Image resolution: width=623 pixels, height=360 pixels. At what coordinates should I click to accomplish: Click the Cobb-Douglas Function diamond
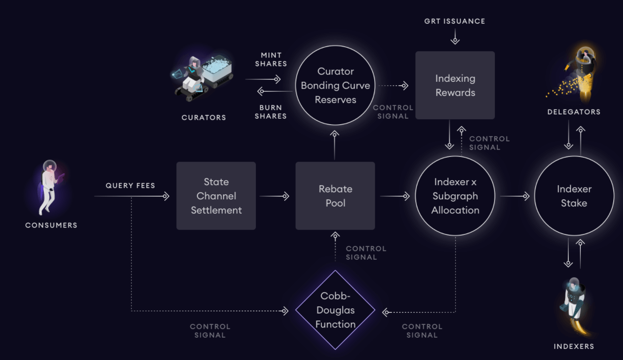335,310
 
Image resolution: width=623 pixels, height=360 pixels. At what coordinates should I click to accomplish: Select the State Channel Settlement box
216,196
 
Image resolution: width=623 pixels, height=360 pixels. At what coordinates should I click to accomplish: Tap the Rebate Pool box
335,196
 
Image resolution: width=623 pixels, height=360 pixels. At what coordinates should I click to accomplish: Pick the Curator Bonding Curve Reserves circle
335,85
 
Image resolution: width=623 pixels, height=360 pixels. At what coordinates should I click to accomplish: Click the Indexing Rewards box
455,85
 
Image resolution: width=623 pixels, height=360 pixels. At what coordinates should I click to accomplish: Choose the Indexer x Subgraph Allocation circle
455,196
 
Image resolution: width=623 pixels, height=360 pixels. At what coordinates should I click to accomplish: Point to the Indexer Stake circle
574,196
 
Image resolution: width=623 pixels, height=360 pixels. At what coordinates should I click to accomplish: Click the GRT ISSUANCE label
455,21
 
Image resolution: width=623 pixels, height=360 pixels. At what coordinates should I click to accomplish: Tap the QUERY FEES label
130,186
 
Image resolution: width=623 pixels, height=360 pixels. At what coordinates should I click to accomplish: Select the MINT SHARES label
271,59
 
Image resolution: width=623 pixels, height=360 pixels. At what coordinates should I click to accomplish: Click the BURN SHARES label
271,112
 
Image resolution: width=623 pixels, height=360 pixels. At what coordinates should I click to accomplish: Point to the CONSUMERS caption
51,226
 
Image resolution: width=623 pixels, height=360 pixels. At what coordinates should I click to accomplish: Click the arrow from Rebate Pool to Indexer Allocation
395,196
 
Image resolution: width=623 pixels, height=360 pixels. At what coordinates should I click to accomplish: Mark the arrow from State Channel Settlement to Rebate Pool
275,196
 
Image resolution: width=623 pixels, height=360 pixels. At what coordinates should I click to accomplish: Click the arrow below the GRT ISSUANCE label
455,37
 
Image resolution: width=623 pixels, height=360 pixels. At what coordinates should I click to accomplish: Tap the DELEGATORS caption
574,112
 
